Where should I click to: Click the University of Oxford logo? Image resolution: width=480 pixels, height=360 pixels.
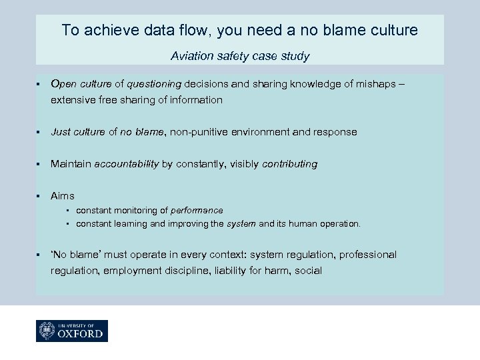click(72, 331)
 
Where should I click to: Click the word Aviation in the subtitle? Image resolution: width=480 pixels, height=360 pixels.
click(192, 56)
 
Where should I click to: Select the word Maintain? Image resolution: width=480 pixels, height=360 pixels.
click(71, 164)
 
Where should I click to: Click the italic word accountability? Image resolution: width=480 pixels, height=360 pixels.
click(127, 164)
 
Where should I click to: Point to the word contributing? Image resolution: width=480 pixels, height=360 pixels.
click(290, 164)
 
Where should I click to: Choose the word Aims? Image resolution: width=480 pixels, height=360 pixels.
click(63, 196)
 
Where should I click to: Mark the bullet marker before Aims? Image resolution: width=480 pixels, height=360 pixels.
click(40, 196)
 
